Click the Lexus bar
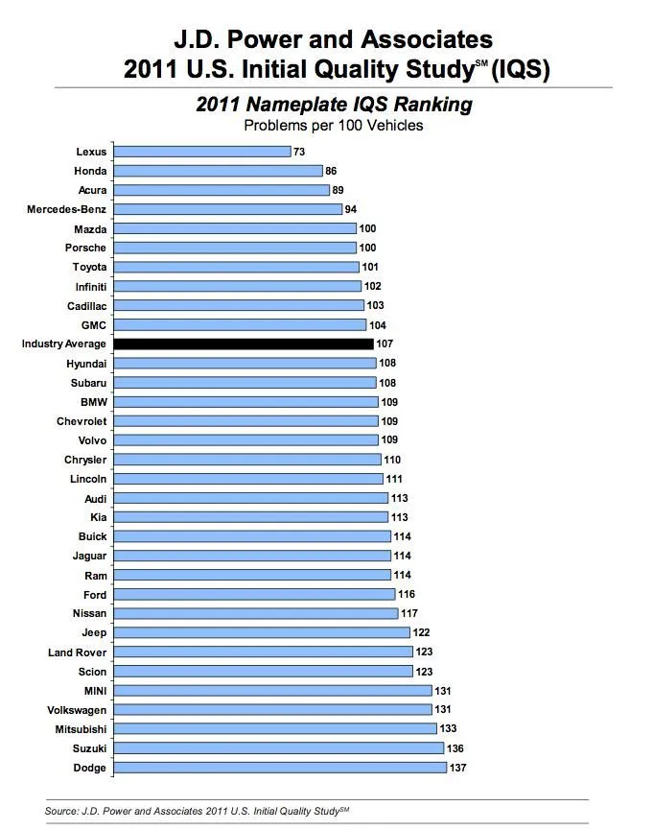pyautogui.click(x=201, y=152)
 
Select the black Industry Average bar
pyautogui.click(x=243, y=344)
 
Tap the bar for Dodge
pyautogui.click(x=279, y=768)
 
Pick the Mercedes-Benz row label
pyautogui.click(x=67, y=209)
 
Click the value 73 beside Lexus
pyautogui.click(x=299, y=152)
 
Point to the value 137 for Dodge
pyautogui.click(x=457, y=768)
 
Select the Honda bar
pyautogui.click(x=218, y=171)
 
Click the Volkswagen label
pyautogui.click(x=77, y=710)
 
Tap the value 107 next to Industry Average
pyautogui.click(x=385, y=344)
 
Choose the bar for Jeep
pyautogui.click(x=261, y=632)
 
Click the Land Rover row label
pyautogui.click(x=78, y=652)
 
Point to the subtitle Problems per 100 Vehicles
pyautogui.click(x=333, y=125)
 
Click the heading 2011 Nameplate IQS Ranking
pyautogui.click(x=334, y=105)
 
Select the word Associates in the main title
pyautogui.click(x=415, y=39)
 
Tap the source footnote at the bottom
pyautogui.click(x=198, y=812)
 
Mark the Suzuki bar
pyautogui.click(x=278, y=748)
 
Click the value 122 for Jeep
pyautogui.click(x=421, y=632)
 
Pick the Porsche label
pyautogui.click(x=85, y=248)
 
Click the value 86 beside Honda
pyautogui.click(x=331, y=171)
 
